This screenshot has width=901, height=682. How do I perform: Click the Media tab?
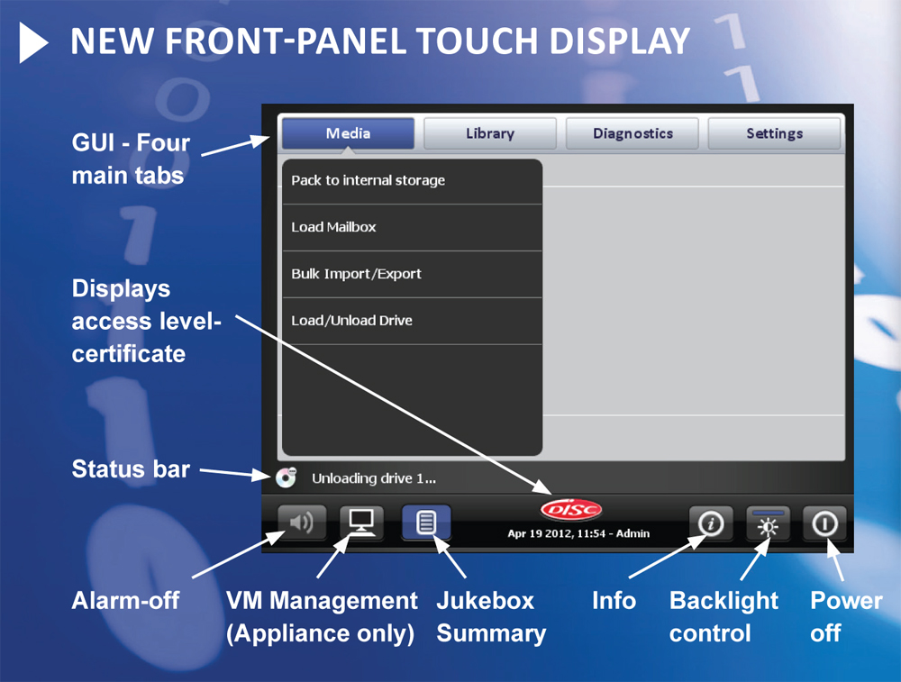pos(348,133)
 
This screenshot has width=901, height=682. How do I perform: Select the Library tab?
pos(489,133)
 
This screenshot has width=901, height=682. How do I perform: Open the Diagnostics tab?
pos(633,133)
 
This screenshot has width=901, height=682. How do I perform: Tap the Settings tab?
pos(774,133)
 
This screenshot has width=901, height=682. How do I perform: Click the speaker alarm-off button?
pos(302,523)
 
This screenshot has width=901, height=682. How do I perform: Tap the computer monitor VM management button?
pos(361,523)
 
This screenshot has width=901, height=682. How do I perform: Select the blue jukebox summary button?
pos(426,523)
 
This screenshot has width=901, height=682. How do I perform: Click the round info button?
pos(711,523)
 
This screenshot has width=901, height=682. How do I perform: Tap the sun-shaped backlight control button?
pos(768,523)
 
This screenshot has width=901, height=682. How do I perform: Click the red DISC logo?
pos(571,509)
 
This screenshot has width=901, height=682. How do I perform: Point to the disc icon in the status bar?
pos(287,477)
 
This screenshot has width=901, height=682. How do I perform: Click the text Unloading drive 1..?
pos(374,478)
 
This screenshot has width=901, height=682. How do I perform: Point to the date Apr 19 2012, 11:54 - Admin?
pos(578,533)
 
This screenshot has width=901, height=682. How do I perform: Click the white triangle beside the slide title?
pos(33,42)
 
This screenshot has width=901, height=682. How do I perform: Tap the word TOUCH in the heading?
pos(478,41)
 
